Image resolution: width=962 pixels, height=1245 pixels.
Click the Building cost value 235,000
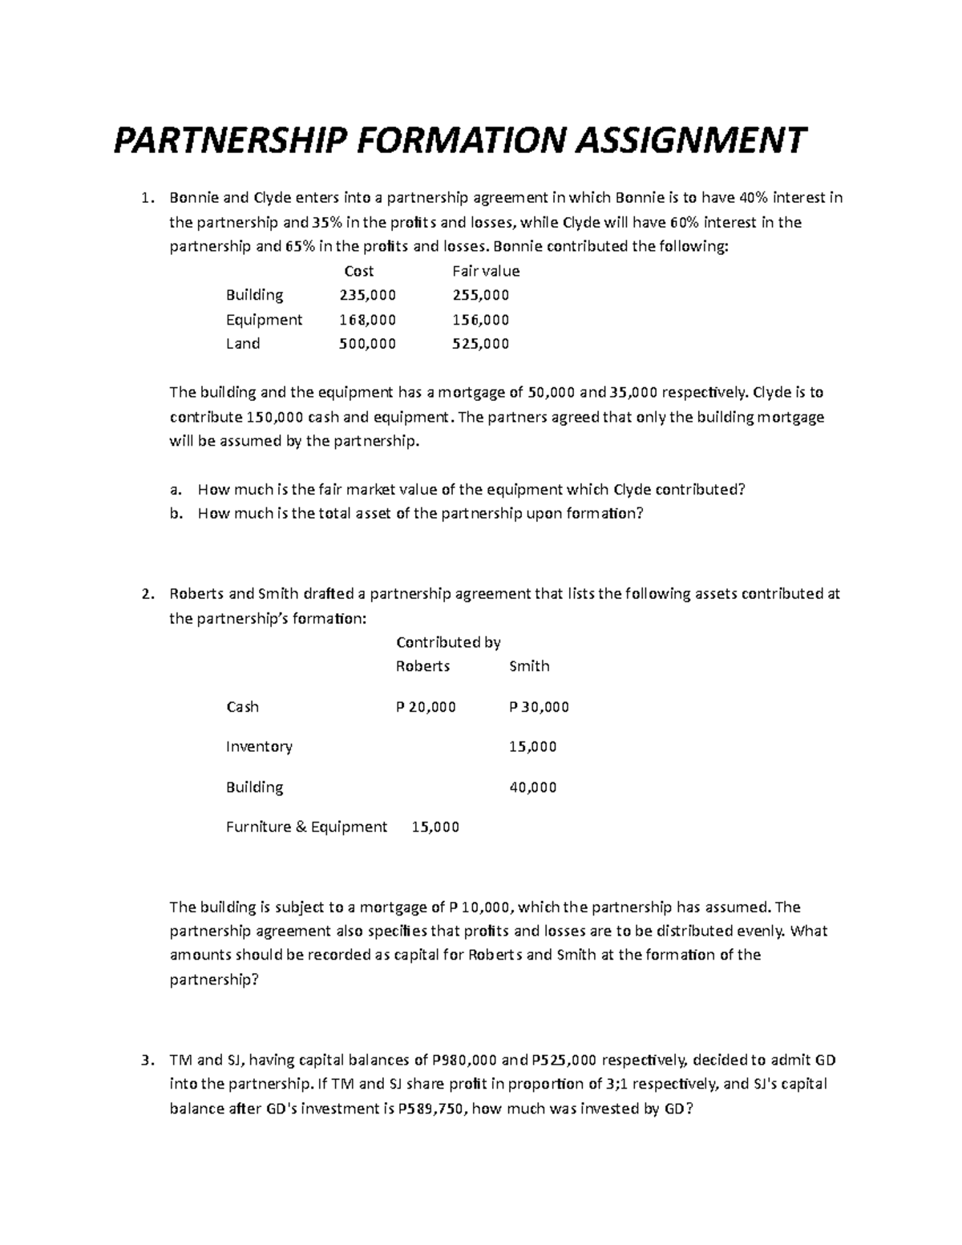point(367,295)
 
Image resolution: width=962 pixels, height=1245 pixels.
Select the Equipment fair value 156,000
point(480,319)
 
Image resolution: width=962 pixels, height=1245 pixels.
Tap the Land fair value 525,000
point(480,344)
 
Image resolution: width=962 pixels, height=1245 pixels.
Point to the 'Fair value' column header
point(485,271)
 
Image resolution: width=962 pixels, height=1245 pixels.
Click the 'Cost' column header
point(358,271)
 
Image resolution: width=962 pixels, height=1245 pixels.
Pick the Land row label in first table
point(242,344)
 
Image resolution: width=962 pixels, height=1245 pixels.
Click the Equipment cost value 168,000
point(367,319)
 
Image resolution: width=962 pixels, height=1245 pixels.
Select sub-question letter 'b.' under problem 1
point(176,514)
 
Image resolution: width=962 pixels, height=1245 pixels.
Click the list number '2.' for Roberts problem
point(147,594)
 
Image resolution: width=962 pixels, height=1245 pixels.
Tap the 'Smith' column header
point(529,666)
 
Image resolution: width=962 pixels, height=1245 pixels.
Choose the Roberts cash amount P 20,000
point(426,707)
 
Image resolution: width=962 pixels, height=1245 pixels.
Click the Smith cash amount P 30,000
point(539,707)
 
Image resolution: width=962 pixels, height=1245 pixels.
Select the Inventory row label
point(259,747)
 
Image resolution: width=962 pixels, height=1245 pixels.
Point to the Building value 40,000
point(532,787)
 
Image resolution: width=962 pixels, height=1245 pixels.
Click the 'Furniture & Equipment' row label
point(306,827)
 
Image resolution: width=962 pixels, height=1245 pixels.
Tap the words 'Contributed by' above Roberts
point(448,642)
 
